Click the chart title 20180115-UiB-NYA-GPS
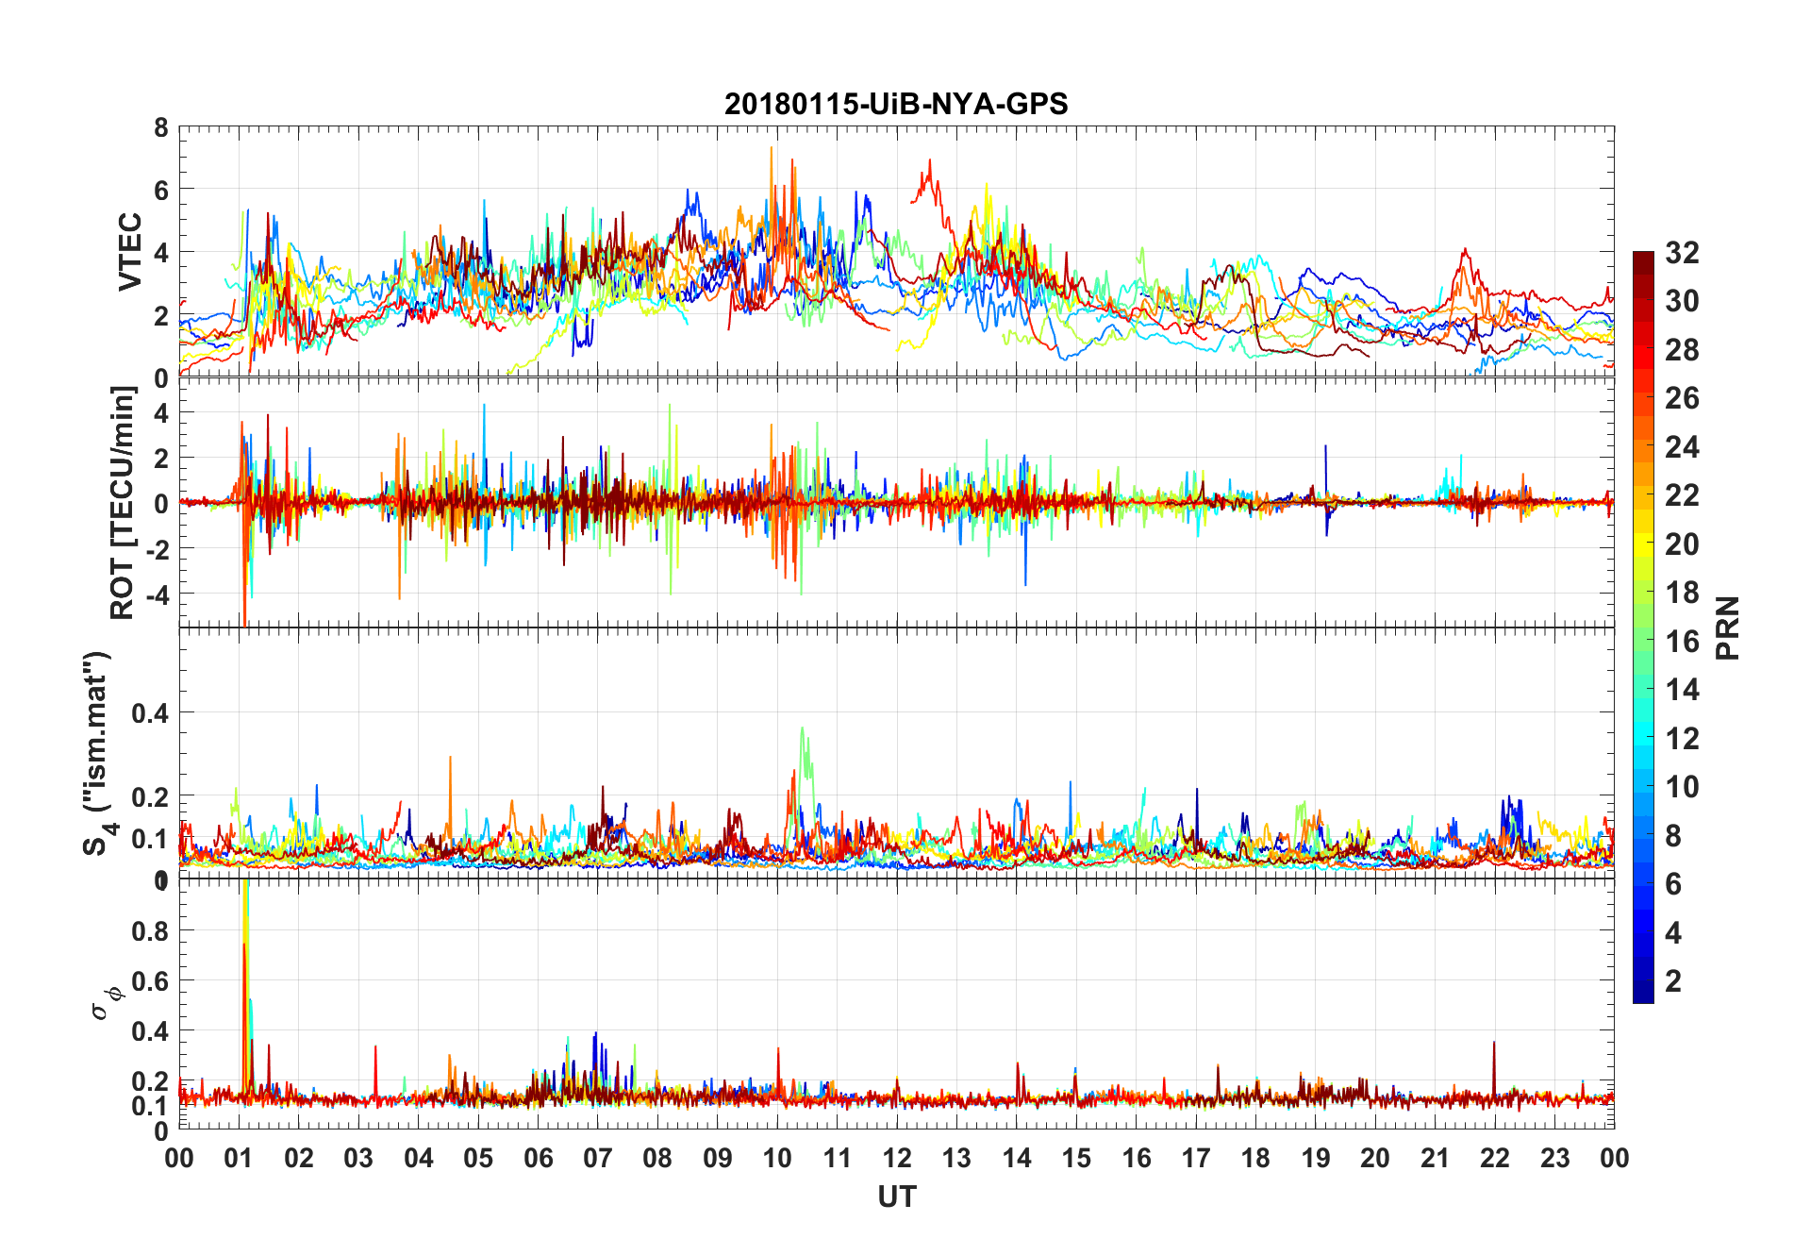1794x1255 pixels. click(x=896, y=104)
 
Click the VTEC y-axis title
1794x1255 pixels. click(x=129, y=251)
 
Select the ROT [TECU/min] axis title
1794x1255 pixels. click(x=123, y=502)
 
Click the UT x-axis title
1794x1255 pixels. click(x=896, y=1197)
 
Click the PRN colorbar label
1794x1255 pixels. click(x=1727, y=627)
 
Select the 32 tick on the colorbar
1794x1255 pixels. click(x=1682, y=253)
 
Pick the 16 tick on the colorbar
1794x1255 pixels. click(x=1682, y=642)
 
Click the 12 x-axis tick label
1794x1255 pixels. click(x=897, y=1159)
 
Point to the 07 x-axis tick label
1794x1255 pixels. click(x=598, y=1159)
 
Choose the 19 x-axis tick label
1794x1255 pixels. click(x=1316, y=1159)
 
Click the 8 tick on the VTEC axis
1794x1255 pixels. click(x=161, y=127)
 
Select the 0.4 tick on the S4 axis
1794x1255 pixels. click(x=150, y=713)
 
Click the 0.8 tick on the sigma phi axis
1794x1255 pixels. click(x=150, y=931)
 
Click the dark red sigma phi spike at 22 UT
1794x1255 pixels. click(x=1494, y=1043)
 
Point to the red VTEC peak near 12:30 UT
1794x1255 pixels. click(x=930, y=160)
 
